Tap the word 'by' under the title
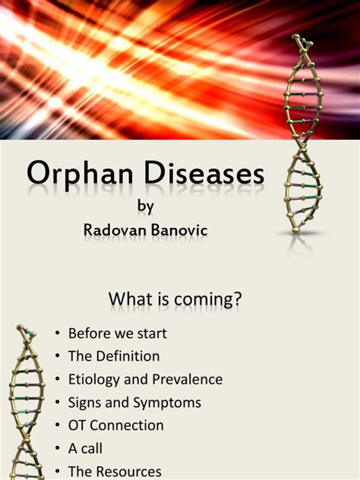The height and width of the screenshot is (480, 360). [x=145, y=207]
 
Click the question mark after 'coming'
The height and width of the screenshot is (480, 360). [x=237, y=298]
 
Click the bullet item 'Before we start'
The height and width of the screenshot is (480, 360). [x=118, y=333]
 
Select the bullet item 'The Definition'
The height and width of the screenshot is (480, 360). [x=114, y=356]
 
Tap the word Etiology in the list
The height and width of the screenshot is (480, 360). [x=94, y=380]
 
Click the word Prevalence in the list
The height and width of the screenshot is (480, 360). [x=188, y=379]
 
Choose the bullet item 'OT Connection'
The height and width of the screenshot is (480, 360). [x=116, y=425]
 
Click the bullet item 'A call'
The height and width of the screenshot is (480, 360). [x=85, y=448]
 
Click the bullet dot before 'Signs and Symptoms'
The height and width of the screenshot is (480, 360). [x=58, y=403]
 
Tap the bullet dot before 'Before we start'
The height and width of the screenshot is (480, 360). [x=58, y=333]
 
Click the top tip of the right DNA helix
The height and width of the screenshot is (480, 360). [x=296, y=36]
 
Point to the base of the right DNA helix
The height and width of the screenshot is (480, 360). [x=295, y=229]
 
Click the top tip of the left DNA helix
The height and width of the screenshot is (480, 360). [x=21, y=327]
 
